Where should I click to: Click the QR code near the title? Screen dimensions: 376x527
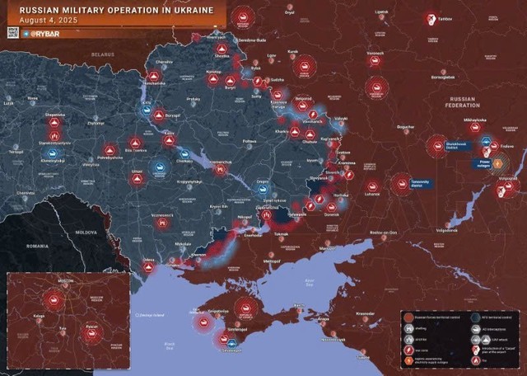[x=12, y=32]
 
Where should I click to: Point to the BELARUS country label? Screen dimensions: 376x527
[x=101, y=54]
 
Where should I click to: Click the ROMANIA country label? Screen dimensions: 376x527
[x=37, y=246]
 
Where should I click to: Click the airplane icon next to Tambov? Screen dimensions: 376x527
[x=430, y=20]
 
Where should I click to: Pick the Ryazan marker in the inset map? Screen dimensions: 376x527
[x=92, y=332]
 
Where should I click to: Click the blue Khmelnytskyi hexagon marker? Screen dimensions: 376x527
[x=51, y=153]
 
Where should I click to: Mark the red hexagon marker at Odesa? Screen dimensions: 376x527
[x=148, y=267]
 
